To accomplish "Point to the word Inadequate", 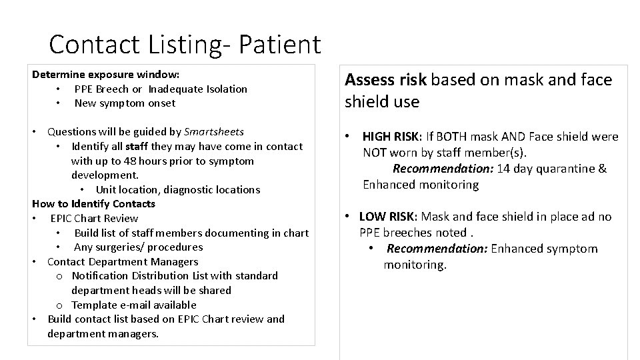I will pyautogui.click(x=175, y=89).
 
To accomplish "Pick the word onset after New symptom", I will pyautogui.click(x=163, y=103).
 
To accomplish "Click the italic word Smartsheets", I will pyautogui.click(x=213, y=131).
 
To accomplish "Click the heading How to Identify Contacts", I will pyautogui.click(x=93, y=203).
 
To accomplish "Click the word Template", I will pyautogui.click(x=95, y=305).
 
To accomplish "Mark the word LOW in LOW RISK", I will pyautogui.click(x=372, y=216).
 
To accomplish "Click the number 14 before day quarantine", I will pyautogui.click(x=503, y=168).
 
